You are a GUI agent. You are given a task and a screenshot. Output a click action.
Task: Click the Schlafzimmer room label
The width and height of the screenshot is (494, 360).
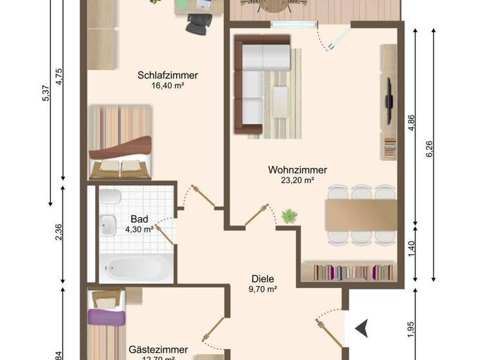pyautogui.click(x=167, y=75)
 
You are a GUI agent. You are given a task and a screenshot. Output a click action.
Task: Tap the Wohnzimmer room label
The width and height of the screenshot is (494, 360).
pyautogui.click(x=298, y=170)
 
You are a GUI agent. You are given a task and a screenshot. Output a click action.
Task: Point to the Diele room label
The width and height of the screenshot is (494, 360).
pyautogui.click(x=263, y=279)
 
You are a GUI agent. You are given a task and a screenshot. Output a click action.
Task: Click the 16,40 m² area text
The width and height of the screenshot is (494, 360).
pyautogui.click(x=168, y=85)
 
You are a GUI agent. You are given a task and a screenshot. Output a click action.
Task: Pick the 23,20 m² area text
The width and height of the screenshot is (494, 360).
pyautogui.click(x=298, y=181)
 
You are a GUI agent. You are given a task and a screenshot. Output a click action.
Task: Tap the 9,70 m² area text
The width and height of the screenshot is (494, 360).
pyautogui.click(x=263, y=290)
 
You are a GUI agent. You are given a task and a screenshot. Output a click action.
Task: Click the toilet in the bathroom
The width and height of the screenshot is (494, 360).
pyautogui.click(x=109, y=197)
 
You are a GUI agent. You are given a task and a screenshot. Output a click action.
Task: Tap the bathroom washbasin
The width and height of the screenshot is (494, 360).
pyautogui.click(x=109, y=224)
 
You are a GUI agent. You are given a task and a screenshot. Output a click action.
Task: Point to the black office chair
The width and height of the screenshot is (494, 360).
pyautogui.click(x=196, y=24)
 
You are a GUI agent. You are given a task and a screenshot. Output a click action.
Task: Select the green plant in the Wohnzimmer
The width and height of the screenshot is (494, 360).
pyautogui.click(x=290, y=216)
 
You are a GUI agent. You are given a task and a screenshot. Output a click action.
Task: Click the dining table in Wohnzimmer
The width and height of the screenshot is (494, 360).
pyautogui.click(x=361, y=215)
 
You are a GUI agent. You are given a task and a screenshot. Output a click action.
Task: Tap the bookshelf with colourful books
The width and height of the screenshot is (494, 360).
pyautogui.click(x=351, y=271)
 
